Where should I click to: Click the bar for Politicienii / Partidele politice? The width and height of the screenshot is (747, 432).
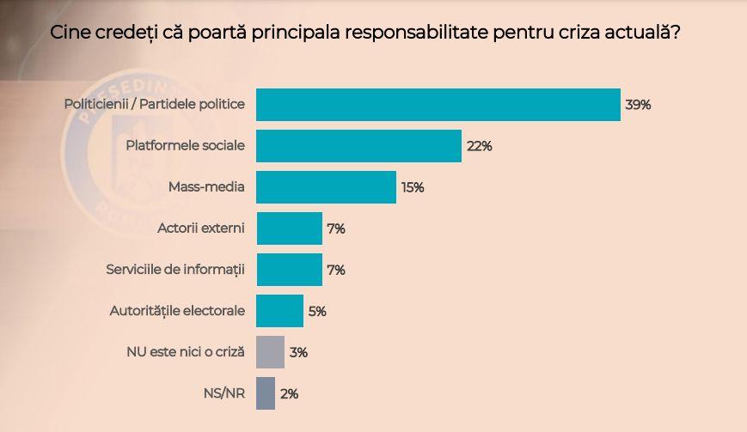438,105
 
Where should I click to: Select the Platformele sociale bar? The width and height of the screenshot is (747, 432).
359,146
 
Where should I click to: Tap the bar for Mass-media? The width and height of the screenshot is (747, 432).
327,187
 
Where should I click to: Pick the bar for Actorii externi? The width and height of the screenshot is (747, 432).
290,228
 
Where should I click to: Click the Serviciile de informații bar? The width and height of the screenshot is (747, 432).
290,270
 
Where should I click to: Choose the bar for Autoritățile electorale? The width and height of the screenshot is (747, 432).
280,311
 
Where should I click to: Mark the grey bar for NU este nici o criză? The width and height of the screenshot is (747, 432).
271,352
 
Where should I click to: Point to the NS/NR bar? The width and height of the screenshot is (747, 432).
266,393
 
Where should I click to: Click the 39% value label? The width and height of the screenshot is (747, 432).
639,105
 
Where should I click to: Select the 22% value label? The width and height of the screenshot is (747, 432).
479,146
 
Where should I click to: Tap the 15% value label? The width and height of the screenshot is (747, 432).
413,187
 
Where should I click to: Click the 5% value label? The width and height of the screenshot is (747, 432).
317,311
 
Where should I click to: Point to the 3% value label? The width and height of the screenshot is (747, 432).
298,352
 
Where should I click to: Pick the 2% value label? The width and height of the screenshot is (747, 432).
289,393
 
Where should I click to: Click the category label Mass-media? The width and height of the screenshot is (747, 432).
209,186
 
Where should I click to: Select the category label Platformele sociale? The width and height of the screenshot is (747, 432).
185,145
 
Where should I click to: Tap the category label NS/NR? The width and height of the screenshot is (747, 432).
225,392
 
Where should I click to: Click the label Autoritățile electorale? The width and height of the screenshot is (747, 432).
178,310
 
